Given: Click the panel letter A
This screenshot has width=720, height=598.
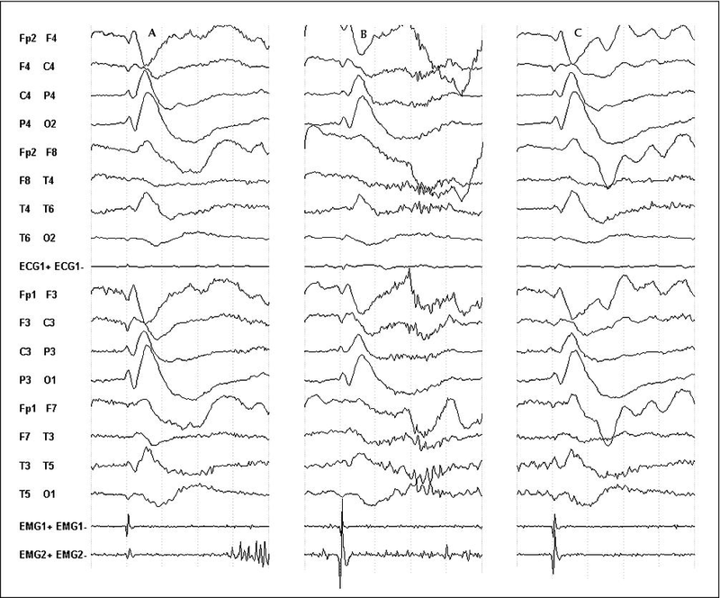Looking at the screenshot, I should (x=153, y=33).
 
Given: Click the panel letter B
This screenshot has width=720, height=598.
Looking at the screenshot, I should (x=364, y=35).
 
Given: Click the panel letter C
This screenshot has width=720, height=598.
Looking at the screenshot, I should (x=578, y=33).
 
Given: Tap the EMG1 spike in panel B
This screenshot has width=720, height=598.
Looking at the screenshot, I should (x=342, y=522).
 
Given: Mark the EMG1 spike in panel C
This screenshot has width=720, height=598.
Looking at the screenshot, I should (x=554, y=525).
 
